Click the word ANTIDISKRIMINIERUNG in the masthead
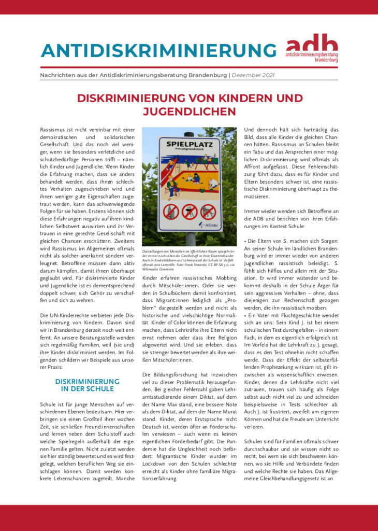pos(158,50)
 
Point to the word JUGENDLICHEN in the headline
pos(189,111)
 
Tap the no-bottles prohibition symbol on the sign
pos(171,212)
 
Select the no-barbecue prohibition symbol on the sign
pos(190,212)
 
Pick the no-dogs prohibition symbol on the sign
pos(208,212)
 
